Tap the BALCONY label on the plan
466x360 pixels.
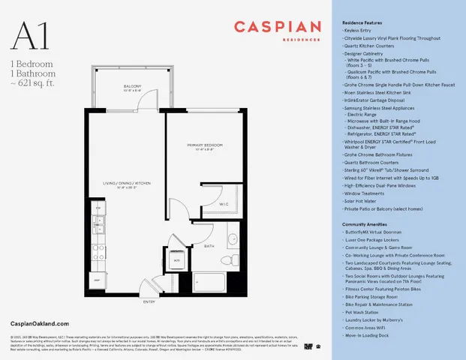pyautogui.click(x=132, y=87)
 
